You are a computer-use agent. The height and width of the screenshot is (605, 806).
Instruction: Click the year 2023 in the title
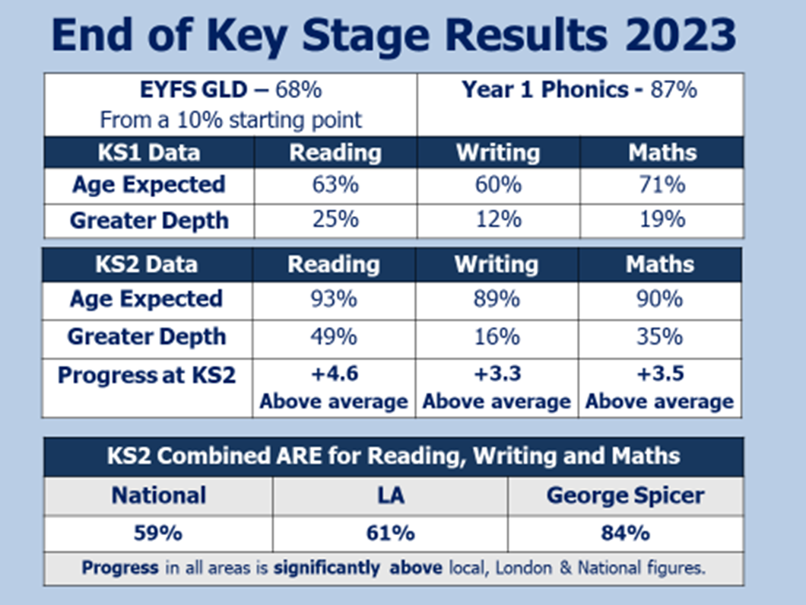[x=681, y=35]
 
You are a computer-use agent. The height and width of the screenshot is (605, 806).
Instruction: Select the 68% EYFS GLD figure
[x=299, y=90]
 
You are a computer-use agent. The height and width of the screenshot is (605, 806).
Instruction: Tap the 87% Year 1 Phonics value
[x=674, y=90]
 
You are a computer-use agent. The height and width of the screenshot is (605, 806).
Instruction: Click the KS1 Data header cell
[x=149, y=153]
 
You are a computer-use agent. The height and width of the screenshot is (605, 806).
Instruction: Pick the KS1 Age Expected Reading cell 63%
[x=335, y=185]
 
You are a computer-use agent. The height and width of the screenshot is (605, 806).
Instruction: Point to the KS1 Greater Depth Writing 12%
[x=498, y=220]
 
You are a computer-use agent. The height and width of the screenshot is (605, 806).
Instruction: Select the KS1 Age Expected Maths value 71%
[x=662, y=185]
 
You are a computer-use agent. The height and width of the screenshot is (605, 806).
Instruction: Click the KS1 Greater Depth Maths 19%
[x=662, y=220]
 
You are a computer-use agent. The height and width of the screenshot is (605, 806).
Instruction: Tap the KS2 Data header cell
[x=147, y=264]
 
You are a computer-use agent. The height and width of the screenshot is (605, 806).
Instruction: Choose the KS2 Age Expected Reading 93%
[x=334, y=299]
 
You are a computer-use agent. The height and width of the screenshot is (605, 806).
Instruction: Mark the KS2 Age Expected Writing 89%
[x=497, y=299]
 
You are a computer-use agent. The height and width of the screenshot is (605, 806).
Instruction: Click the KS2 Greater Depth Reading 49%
[x=334, y=337]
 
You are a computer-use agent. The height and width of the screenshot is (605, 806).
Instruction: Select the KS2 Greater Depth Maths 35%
[x=660, y=337]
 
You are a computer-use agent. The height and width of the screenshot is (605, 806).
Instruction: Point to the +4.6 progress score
[x=334, y=374]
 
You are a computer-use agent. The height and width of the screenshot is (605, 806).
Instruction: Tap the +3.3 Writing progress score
[x=497, y=374]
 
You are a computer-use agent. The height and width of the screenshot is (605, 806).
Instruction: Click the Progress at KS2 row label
[x=147, y=375]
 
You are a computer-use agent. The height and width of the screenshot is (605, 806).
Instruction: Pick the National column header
[x=159, y=495]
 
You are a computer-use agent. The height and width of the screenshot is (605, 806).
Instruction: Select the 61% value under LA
[x=390, y=533]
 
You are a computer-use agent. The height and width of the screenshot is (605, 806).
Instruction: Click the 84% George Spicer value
[x=625, y=533]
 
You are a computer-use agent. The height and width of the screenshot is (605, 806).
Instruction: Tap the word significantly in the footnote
[x=327, y=568]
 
